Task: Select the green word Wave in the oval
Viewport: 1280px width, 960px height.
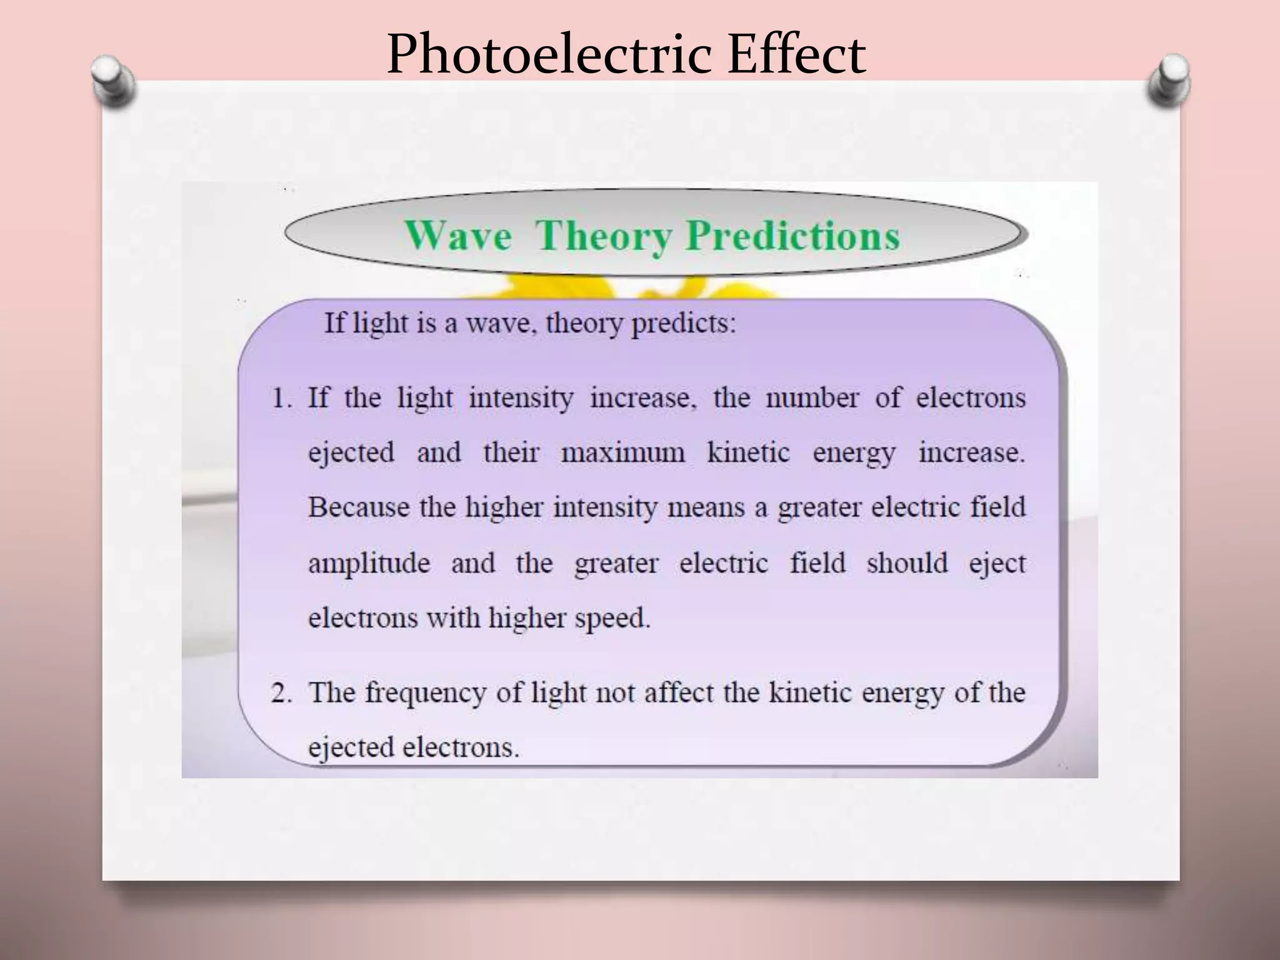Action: [x=458, y=236]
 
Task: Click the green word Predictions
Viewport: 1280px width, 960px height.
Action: [x=792, y=236]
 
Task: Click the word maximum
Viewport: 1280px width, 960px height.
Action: [x=623, y=453]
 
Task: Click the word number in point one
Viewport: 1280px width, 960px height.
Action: [x=812, y=398]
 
